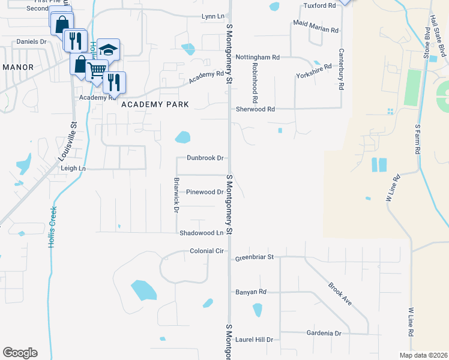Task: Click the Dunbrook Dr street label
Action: click(x=205, y=158)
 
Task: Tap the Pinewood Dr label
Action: click(x=205, y=192)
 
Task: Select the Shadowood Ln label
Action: click(x=201, y=233)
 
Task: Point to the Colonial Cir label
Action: click(x=206, y=251)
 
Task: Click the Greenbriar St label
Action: click(x=255, y=257)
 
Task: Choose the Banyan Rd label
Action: click(x=250, y=292)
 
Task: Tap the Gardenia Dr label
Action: click(x=322, y=333)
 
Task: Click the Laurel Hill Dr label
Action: click(x=254, y=340)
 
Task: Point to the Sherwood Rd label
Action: click(x=255, y=109)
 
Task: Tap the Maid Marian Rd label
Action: click(x=316, y=29)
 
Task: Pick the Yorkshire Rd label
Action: click(x=314, y=72)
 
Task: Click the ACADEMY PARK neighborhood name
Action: click(x=155, y=104)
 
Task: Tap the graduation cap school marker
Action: click(x=109, y=49)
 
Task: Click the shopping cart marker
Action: click(x=97, y=70)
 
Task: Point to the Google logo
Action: click(x=20, y=353)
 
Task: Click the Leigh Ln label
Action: click(x=73, y=169)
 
